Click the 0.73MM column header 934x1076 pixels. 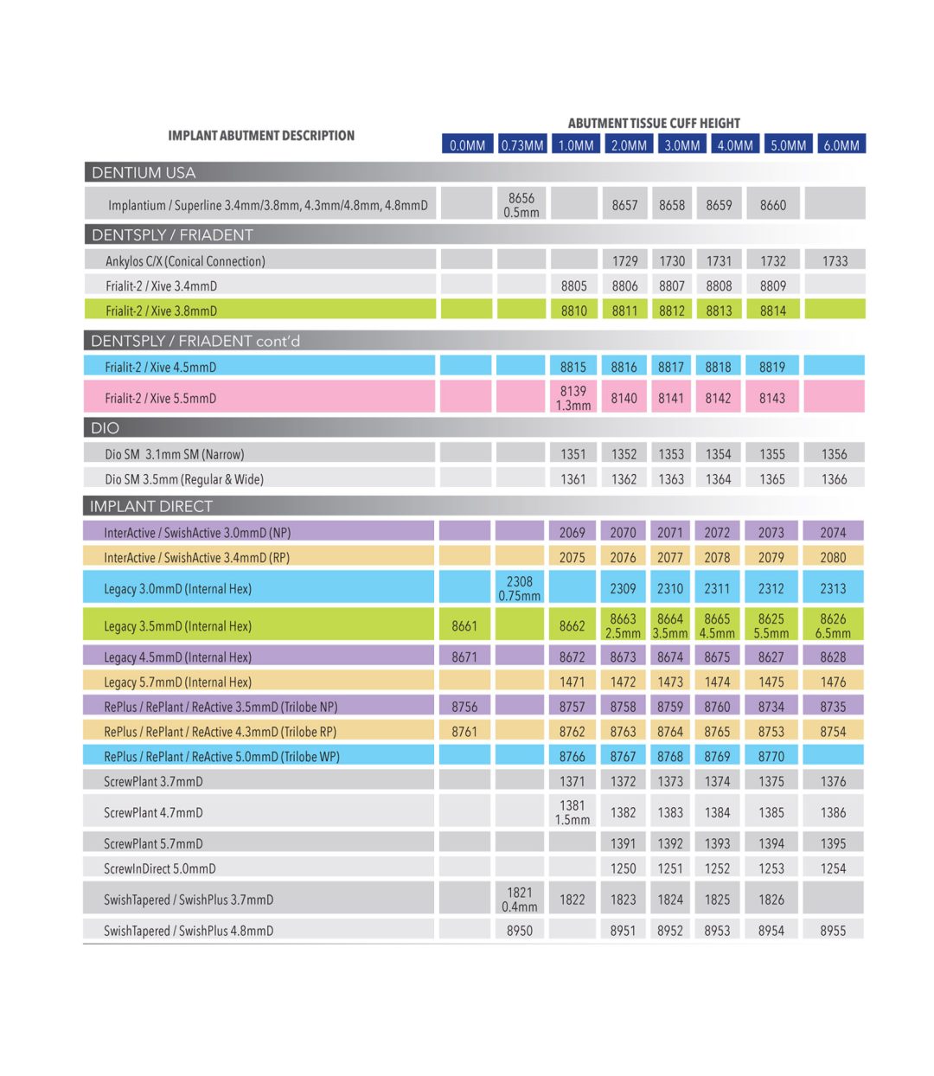tap(522, 145)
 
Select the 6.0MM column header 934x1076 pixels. tap(841, 145)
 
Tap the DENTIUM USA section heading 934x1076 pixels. tap(144, 172)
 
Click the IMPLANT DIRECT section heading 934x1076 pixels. tap(150, 506)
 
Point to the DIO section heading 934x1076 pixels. tap(105, 427)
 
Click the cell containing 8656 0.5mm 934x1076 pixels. tap(521, 205)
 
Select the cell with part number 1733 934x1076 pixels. tap(835, 260)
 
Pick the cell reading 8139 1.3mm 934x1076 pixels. tap(573, 398)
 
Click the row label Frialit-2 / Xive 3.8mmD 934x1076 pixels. tap(161, 311)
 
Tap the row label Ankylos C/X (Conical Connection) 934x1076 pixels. tap(185, 260)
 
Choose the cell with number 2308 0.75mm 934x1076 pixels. tap(520, 588)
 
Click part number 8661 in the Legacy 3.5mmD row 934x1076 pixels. tap(464, 625)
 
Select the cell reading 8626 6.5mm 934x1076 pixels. tap(833, 625)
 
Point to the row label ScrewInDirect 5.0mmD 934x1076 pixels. tap(159, 868)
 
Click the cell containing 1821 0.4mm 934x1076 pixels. tap(520, 900)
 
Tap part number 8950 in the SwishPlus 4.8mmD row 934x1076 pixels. tap(520, 931)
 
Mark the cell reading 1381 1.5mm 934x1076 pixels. tap(573, 812)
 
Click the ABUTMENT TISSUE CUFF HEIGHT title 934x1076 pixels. tap(654, 123)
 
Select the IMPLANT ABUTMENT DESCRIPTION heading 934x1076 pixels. tap(261, 135)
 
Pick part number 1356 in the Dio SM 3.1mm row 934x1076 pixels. tap(834, 453)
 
